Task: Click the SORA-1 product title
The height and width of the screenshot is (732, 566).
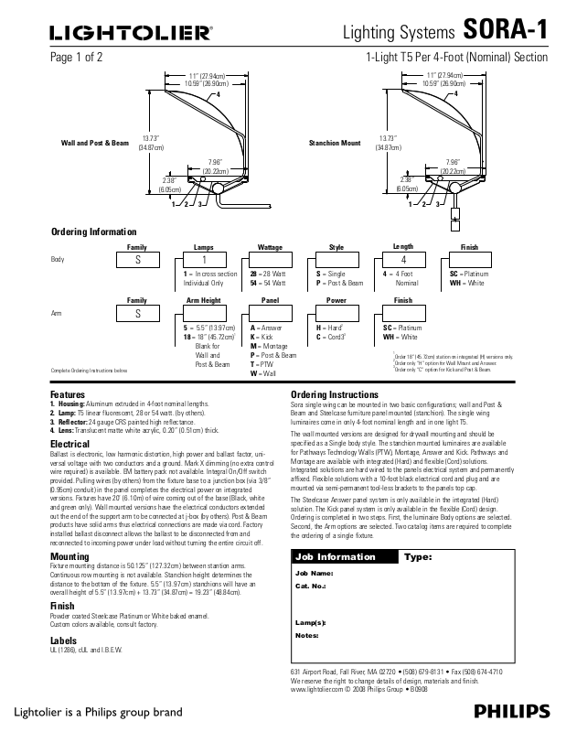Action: (x=505, y=30)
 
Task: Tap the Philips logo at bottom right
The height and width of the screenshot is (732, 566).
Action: (x=512, y=712)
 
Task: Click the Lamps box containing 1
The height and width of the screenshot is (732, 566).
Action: (x=204, y=260)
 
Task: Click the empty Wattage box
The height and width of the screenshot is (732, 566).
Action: (x=270, y=260)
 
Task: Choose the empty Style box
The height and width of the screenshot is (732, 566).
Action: (x=336, y=260)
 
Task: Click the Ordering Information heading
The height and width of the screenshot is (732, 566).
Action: (x=93, y=232)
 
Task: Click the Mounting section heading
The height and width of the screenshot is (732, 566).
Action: (x=69, y=555)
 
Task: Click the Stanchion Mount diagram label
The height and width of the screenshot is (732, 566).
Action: (x=336, y=144)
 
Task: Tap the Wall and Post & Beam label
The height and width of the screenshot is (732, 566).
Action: (x=95, y=144)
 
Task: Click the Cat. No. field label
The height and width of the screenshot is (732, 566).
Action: (x=312, y=585)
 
